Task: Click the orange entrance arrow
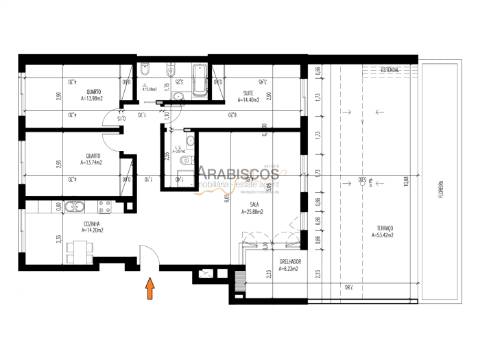coord(151,290)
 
